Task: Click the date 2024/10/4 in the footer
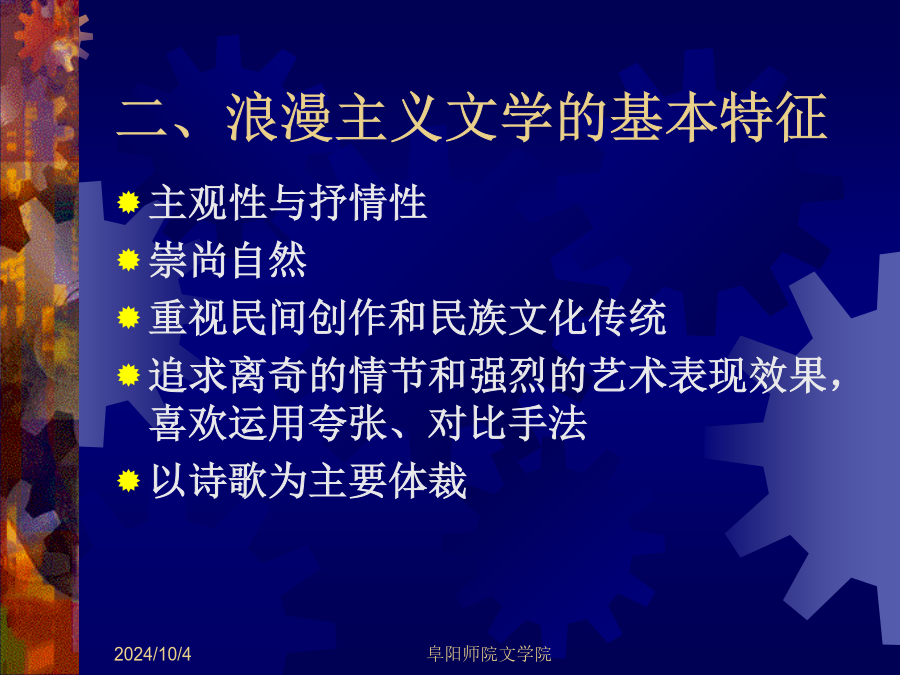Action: (x=152, y=654)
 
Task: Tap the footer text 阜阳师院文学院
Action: (x=489, y=654)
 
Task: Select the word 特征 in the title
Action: (x=774, y=117)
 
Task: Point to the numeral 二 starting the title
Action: (x=142, y=118)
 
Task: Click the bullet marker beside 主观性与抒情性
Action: (x=129, y=203)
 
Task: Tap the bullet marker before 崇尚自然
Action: (x=129, y=260)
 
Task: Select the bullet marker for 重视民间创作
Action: (x=129, y=317)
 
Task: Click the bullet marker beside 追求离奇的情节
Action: (x=129, y=375)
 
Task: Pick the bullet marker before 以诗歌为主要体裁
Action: (x=129, y=481)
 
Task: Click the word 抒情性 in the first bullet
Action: (x=368, y=203)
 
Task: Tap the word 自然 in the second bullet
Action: (x=268, y=260)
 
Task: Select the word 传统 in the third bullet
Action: (x=627, y=317)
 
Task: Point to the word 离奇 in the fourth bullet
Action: (x=268, y=375)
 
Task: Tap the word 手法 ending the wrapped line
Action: (x=548, y=424)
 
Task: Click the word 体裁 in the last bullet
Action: (x=428, y=481)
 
